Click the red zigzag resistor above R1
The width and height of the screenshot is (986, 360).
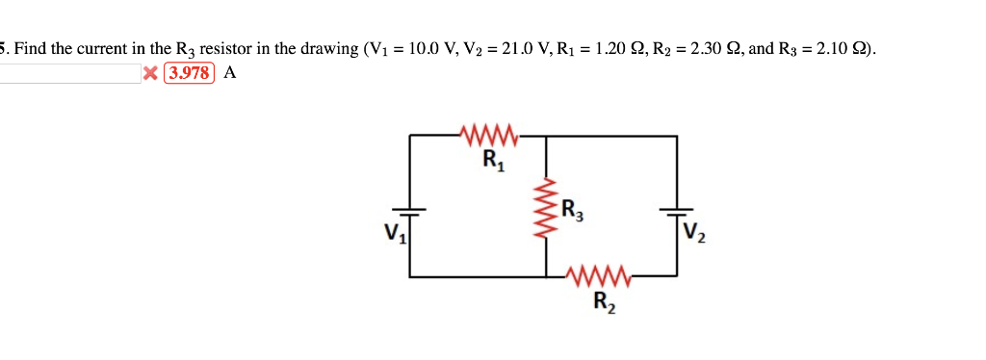tap(490, 136)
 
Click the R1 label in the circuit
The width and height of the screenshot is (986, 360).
tap(492, 160)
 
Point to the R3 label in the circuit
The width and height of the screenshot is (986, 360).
tap(571, 208)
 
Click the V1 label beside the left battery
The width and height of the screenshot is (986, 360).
tap(392, 232)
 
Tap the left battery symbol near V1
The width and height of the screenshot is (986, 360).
tap(411, 212)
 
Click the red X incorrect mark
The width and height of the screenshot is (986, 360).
tap(150, 73)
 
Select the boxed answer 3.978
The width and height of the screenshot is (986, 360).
tap(190, 73)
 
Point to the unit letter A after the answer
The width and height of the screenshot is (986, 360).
tap(229, 73)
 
